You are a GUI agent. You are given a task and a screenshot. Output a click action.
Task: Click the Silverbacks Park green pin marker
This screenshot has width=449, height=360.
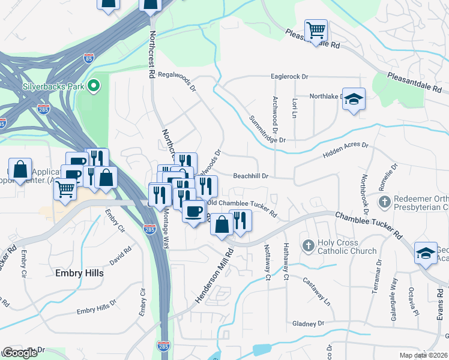click(93, 86)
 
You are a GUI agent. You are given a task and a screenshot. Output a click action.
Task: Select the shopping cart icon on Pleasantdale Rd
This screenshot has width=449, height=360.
click(316, 30)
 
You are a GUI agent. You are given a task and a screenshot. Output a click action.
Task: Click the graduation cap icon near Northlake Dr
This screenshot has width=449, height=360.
click(354, 100)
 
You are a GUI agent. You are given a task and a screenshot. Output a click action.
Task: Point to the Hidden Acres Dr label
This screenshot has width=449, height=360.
click(345, 150)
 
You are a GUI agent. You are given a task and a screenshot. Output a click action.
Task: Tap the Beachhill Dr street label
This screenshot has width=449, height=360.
click(250, 176)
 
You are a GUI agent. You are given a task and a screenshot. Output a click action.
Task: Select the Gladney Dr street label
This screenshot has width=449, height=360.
click(308, 323)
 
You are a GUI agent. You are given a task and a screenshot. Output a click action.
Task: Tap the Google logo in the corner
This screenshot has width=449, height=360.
click(20, 353)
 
